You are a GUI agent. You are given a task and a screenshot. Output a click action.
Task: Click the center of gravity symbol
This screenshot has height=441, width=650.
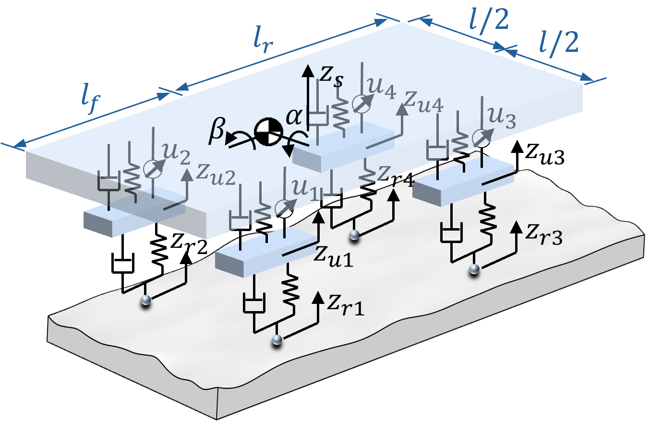tap(268, 132)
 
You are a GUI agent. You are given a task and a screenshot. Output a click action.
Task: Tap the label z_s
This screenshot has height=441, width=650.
tap(331, 76)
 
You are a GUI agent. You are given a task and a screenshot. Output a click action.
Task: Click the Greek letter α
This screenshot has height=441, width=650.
tap(294, 116)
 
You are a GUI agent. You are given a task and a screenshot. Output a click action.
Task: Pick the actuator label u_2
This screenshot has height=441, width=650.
tap(176, 153)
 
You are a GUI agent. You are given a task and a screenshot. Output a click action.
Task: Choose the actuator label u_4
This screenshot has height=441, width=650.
tap(381, 88)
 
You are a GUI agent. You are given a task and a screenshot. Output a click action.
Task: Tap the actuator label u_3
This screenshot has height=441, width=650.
tap(502, 117)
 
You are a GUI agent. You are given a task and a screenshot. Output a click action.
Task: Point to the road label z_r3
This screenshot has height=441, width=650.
tap(544, 234)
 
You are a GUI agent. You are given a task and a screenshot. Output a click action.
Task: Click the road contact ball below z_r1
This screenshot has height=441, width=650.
tap(277, 340)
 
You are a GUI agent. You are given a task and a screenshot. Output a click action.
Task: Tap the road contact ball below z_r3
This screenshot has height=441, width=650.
tap(474, 269)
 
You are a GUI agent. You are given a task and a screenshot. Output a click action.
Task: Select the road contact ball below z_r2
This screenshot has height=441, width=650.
tap(145, 300)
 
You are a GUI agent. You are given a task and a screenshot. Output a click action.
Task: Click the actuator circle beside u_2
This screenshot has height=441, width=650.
tap(152, 169)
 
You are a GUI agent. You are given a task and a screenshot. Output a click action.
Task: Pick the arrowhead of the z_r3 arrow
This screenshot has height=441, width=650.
tap(516, 227)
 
